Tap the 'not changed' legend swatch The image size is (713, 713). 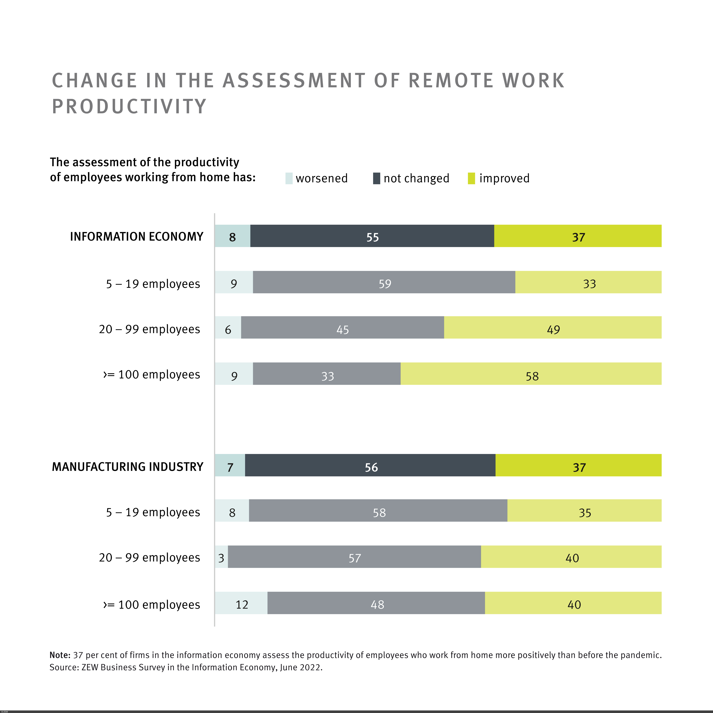pyautogui.click(x=376, y=178)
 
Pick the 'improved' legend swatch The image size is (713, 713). pyautogui.click(x=471, y=178)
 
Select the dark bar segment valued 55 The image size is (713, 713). pyautogui.click(x=372, y=236)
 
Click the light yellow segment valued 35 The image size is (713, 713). pyautogui.click(x=584, y=510)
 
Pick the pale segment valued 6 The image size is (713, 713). pyautogui.click(x=228, y=327)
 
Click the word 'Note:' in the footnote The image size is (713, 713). pyautogui.click(x=60, y=655)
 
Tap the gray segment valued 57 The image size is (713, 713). pyautogui.click(x=354, y=556)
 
